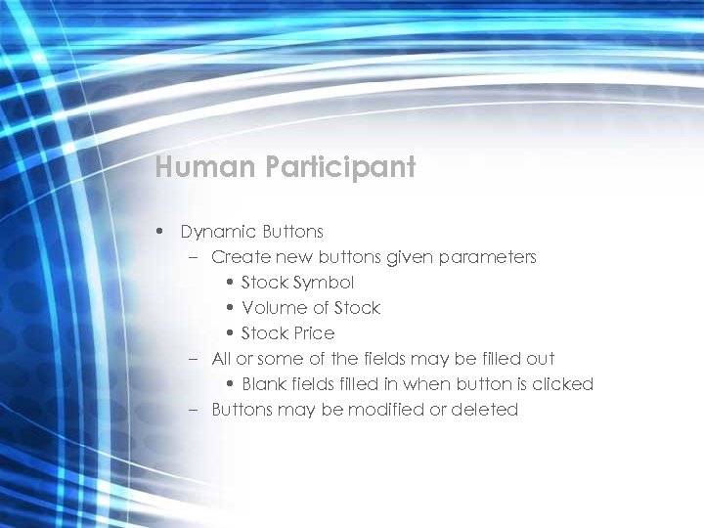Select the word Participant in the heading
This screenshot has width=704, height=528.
click(x=339, y=168)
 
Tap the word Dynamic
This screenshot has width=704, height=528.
click(x=217, y=232)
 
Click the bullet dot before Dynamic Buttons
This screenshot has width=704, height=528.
click(x=158, y=232)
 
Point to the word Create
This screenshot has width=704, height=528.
click(x=238, y=257)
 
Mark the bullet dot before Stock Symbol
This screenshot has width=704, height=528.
click(x=229, y=283)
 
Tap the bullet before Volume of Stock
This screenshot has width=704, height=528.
click(x=229, y=308)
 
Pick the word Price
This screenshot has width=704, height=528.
click(x=311, y=333)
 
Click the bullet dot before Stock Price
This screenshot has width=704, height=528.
click(x=229, y=333)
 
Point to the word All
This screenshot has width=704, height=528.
click(x=222, y=359)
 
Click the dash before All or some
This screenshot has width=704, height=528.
click(x=194, y=359)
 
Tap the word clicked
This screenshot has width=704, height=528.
click(x=562, y=384)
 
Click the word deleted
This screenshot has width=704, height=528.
click(x=484, y=410)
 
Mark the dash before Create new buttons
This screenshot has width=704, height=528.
click(x=194, y=257)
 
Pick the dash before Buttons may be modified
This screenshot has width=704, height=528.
click(x=194, y=410)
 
